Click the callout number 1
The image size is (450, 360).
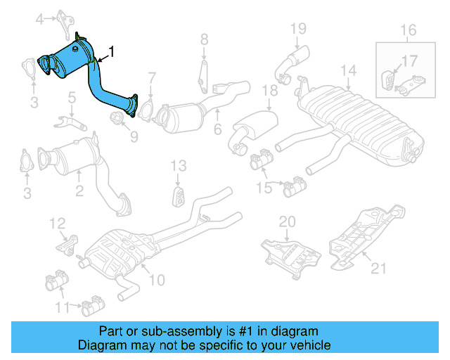coord(110,51)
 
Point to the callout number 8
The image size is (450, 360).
coord(204,39)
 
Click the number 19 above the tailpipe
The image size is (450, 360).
coord(299,28)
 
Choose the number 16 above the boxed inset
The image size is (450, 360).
coord(409,30)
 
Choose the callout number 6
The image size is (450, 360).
coord(217,129)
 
